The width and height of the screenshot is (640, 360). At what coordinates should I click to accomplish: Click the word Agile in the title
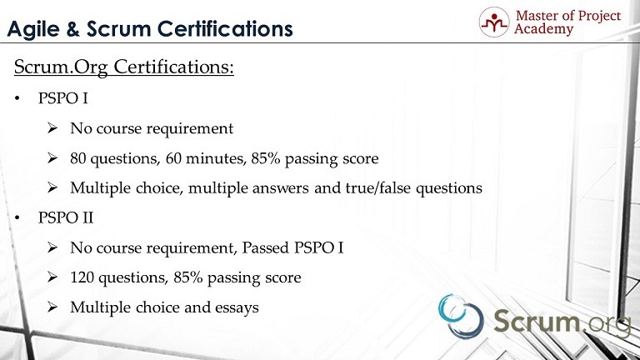coord(32,29)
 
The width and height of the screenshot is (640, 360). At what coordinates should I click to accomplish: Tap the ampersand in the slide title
coord(72,29)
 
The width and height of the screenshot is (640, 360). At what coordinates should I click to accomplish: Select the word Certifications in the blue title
coord(225,28)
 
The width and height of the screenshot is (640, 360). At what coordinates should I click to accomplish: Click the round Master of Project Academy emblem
coord(494,22)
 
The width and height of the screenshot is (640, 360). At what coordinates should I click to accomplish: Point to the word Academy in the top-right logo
coord(543,29)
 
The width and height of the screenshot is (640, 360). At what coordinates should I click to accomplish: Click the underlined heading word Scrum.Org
coord(61,67)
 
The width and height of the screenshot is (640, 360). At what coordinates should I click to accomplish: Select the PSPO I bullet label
coord(62,98)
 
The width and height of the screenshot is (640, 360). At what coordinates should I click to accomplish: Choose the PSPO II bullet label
coord(66,217)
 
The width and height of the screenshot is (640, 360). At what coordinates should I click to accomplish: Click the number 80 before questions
coord(78,158)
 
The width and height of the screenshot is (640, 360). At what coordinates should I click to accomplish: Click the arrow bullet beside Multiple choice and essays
coord(52,307)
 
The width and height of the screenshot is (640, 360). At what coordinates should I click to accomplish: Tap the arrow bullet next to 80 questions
coord(52,158)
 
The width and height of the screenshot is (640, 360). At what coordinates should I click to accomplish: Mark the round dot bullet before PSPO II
coord(17,218)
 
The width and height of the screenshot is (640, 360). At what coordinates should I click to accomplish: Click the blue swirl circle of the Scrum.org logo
coord(461,317)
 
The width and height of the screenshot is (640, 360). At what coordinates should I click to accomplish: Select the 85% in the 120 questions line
coord(188,277)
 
